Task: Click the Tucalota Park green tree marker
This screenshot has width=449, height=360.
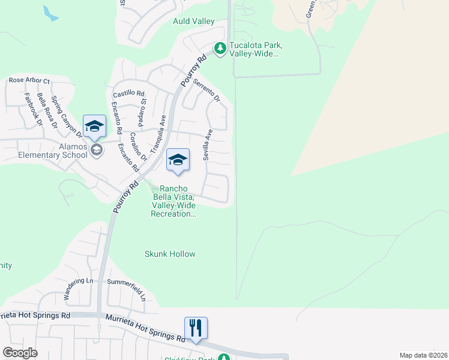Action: pos(220,49)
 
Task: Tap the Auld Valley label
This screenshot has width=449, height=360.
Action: pos(194,22)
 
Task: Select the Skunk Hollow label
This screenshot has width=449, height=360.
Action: pos(170,254)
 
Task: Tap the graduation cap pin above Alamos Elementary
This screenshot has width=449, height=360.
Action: pos(94,126)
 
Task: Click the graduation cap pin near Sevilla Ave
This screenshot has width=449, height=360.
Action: pos(178,160)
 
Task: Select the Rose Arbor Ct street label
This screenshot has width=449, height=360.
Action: pos(29,80)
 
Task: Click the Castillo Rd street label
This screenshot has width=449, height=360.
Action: pos(129,94)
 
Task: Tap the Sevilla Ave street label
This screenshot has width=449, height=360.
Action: pos(208,144)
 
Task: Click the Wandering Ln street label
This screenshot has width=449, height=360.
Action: pos(79,289)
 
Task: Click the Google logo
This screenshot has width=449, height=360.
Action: pos(20,353)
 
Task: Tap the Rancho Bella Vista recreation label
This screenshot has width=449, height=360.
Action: pos(173,201)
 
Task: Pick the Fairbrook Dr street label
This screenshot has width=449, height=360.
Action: pos(33,109)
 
